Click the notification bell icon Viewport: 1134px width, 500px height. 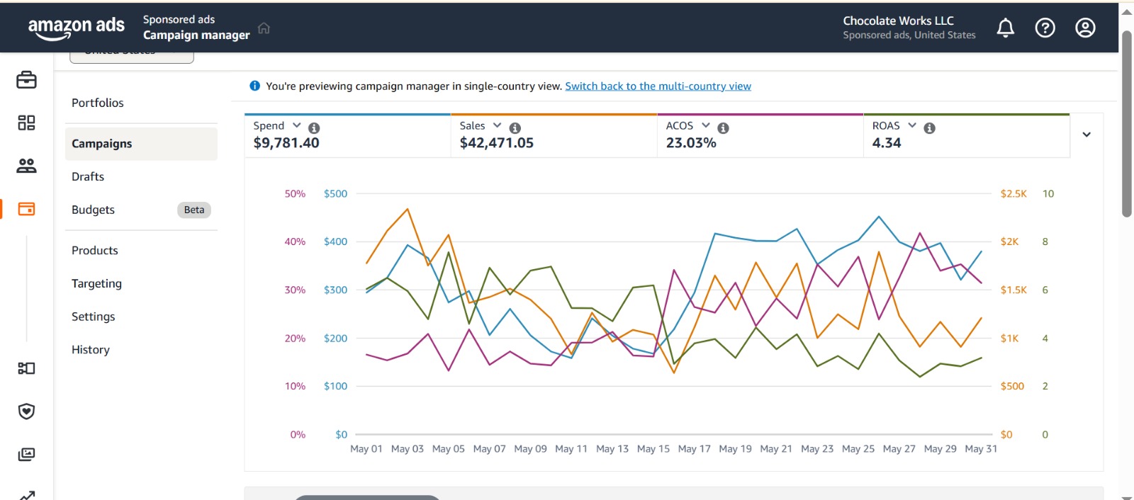pos(1005,28)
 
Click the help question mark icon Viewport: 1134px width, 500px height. pos(1045,28)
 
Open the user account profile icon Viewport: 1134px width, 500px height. pos(1085,28)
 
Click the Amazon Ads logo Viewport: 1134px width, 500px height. pos(76,28)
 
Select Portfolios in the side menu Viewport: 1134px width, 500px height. pos(98,103)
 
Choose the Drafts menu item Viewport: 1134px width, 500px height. pos(88,176)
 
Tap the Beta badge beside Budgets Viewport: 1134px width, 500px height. pos(193,210)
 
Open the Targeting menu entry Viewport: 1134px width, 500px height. pos(96,283)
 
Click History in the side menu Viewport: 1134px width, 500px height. pos(91,349)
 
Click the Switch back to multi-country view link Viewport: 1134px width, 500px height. pos(658,86)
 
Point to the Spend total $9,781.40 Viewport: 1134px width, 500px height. pos(286,143)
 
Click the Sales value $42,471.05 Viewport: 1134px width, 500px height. pos(496,143)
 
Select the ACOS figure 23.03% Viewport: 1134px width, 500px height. pos(691,143)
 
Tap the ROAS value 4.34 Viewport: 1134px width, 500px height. pos(887,143)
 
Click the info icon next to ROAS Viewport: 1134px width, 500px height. pos(930,128)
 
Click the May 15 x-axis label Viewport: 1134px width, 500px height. pos(653,449)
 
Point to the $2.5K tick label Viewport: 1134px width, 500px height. pos(1014,194)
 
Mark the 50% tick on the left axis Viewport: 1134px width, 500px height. pos(295,194)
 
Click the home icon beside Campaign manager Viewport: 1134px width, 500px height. pos(264,28)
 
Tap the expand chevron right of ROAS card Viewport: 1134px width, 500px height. pos(1087,135)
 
